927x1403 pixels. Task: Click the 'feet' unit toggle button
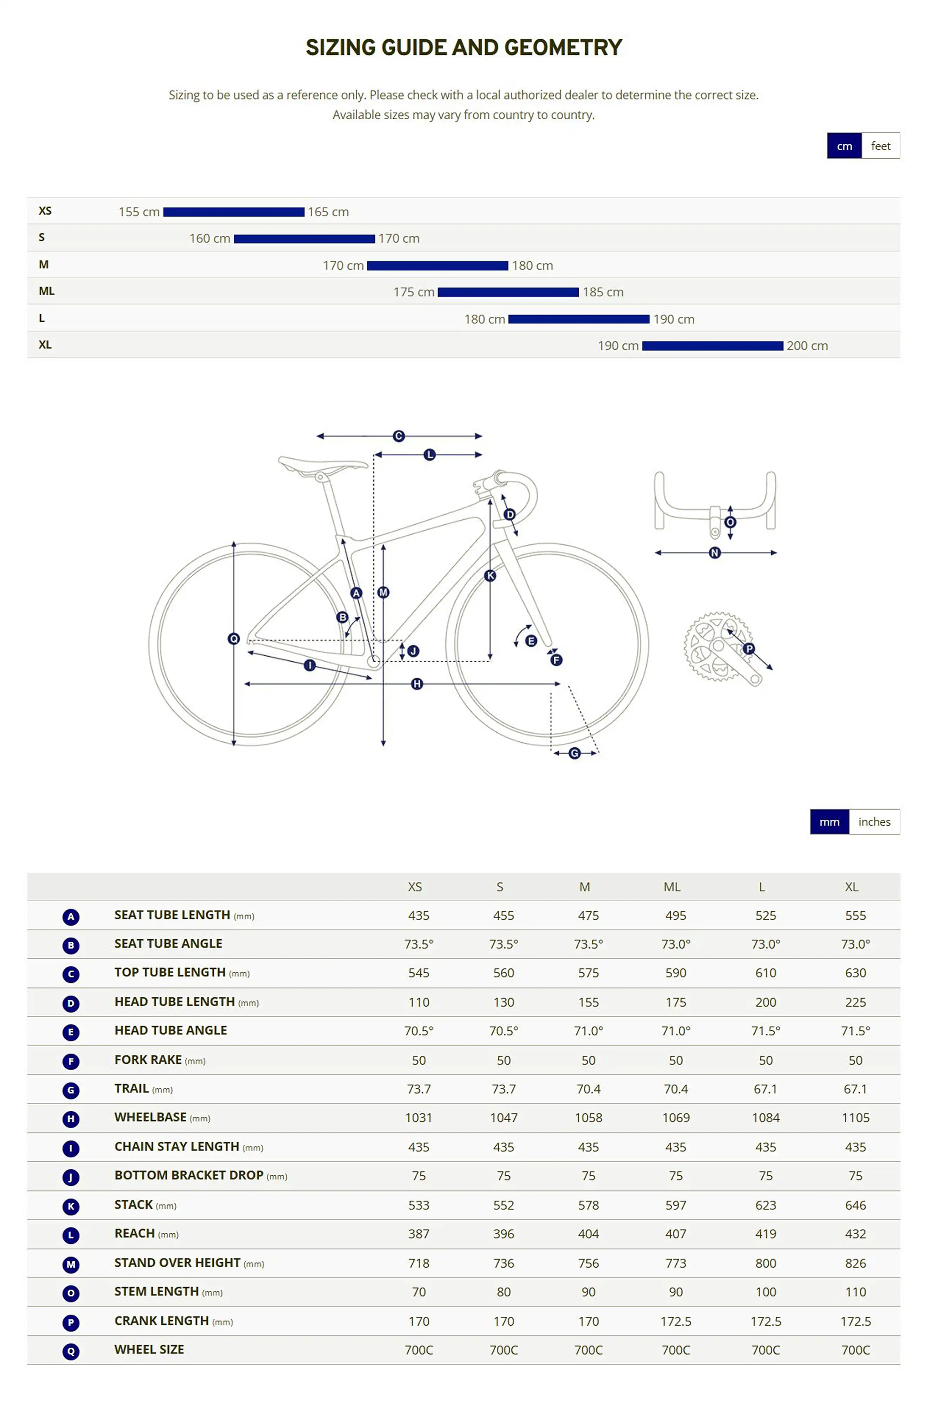[880, 146]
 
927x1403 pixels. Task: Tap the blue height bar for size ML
[508, 292]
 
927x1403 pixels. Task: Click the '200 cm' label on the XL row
[807, 346]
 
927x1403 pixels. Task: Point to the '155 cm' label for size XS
[139, 212]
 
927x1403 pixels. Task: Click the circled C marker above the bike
[399, 436]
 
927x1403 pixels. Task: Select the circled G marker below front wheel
[574, 753]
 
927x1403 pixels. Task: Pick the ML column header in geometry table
[672, 886]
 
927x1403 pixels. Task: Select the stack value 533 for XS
[419, 1205]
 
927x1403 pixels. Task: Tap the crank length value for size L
[766, 1321]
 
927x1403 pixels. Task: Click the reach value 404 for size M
[588, 1234]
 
